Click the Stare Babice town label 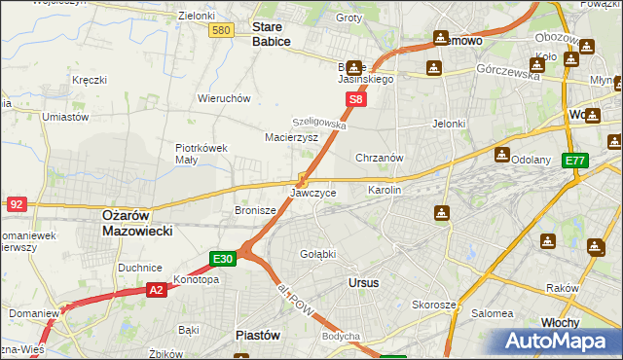coord(272,35)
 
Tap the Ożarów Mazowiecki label coord(137,223)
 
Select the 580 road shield coord(221,31)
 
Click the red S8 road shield coord(357,99)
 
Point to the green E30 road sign coord(222,259)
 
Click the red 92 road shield coord(16,204)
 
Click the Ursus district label coord(363,282)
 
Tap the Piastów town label coord(258,335)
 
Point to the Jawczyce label coord(313,194)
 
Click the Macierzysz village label coord(292,138)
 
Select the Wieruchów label coord(225,98)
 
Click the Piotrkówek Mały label coord(201,155)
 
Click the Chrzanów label coord(380,157)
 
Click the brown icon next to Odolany coord(501,154)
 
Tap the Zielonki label coord(197,17)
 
